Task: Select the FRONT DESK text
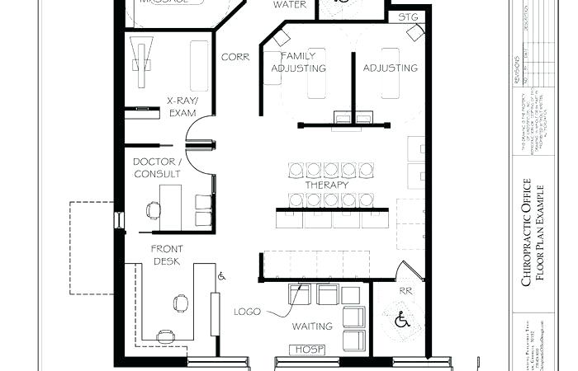(166, 254)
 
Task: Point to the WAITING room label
(312, 326)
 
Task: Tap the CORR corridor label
(235, 57)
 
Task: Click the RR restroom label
(405, 290)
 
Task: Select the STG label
(407, 16)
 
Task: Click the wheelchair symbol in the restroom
(402, 318)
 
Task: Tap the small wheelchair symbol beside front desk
(220, 277)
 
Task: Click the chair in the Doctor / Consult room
(153, 209)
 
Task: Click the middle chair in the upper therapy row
(330, 170)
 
